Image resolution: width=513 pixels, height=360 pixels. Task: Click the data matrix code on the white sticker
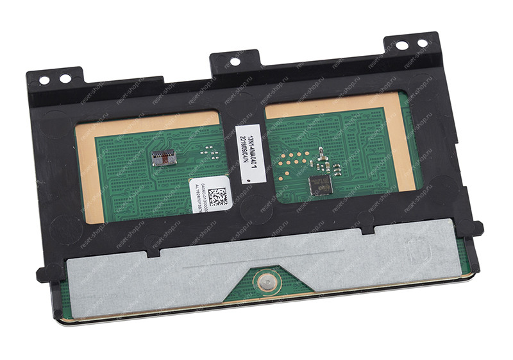click(218, 196)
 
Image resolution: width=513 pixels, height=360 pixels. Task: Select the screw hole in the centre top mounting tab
click(235, 62)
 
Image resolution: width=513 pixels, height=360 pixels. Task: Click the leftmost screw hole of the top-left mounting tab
click(44, 80)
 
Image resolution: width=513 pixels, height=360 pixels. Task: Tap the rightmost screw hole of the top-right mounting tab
click(423, 44)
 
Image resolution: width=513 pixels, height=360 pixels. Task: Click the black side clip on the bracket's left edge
click(43, 275)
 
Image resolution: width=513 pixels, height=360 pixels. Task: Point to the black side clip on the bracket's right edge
click(476, 228)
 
